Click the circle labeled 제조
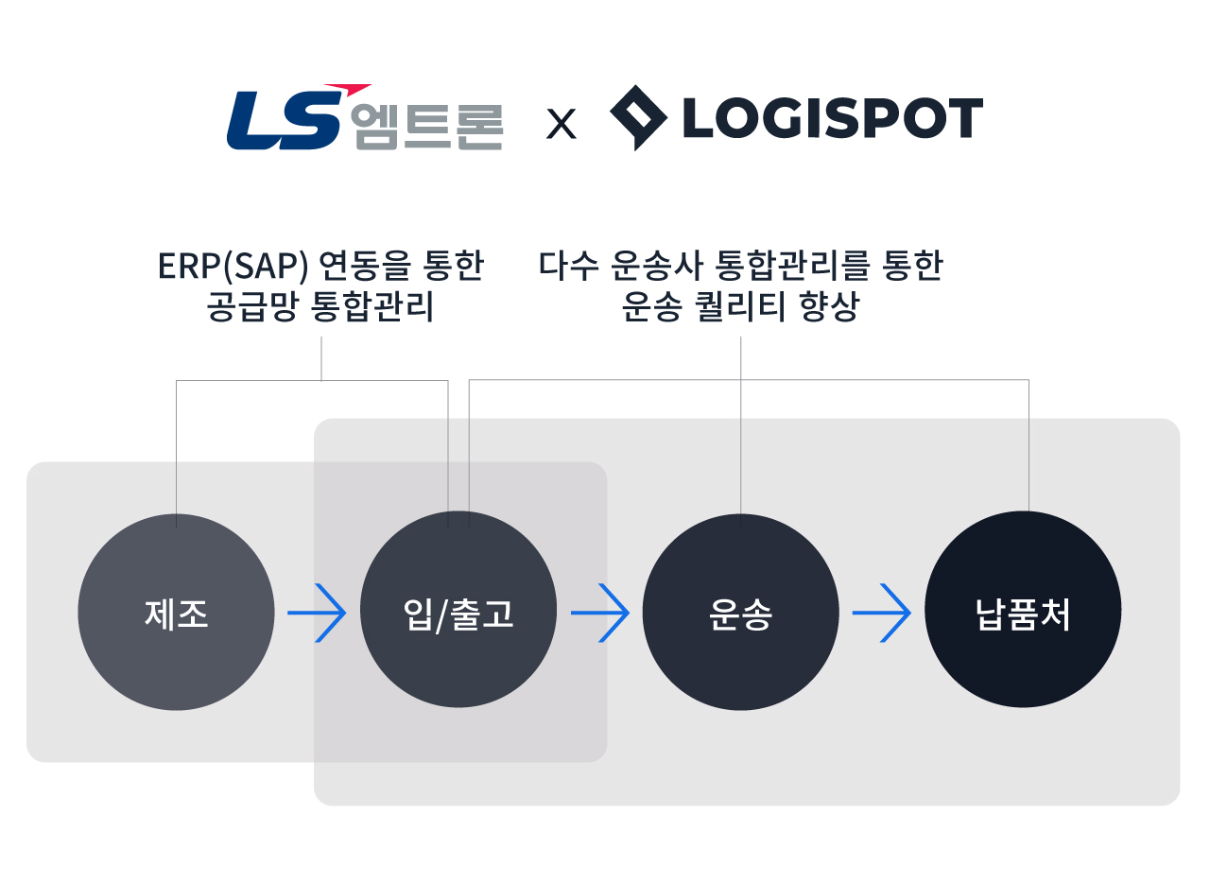(x=176, y=614)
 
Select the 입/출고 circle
(x=458, y=614)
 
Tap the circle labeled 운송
(x=740, y=614)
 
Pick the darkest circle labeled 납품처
(x=1023, y=614)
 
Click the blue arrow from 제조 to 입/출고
(x=318, y=614)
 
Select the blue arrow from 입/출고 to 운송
(x=600, y=614)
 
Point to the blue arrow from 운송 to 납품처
(x=882, y=614)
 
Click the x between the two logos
(x=562, y=125)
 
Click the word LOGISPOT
(x=832, y=119)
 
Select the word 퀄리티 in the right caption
(x=739, y=308)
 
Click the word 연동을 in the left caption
(x=365, y=267)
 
